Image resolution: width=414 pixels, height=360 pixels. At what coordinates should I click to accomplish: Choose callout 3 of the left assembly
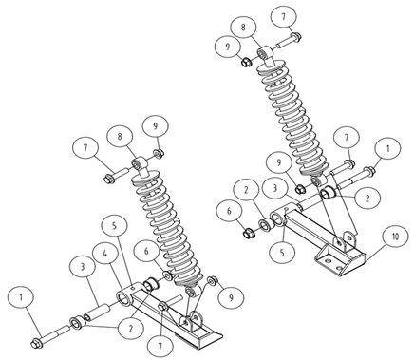click(84, 267)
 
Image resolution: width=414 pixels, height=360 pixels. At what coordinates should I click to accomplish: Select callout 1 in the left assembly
click(21, 298)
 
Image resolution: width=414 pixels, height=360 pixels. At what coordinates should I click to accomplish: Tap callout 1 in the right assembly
click(387, 149)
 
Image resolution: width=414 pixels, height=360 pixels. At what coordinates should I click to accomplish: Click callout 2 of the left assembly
click(131, 329)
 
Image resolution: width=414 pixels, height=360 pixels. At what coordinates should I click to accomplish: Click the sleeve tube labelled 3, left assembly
click(97, 312)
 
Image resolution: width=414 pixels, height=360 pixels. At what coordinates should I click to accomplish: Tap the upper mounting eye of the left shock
click(140, 164)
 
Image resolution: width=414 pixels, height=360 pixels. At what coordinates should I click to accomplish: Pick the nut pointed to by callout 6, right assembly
click(248, 234)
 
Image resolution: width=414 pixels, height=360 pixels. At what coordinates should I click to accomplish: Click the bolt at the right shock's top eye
click(289, 40)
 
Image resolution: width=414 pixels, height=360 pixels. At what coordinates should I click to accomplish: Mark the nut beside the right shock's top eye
click(246, 62)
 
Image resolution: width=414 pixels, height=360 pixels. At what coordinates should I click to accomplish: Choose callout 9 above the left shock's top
click(156, 126)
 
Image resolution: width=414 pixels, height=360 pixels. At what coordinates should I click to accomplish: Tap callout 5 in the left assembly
click(115, 226)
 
